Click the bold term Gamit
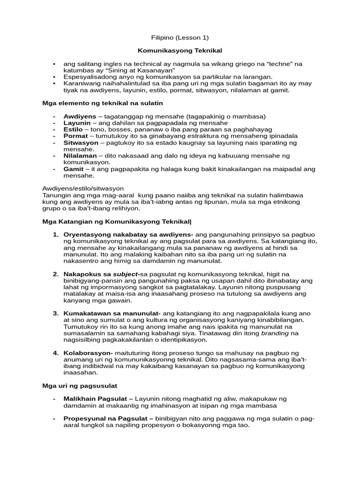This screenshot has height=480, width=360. tap(74, 168)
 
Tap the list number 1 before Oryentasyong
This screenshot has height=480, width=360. tap(55, 234)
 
